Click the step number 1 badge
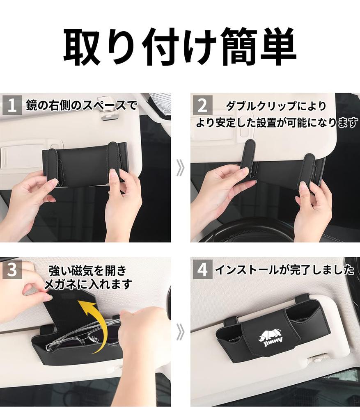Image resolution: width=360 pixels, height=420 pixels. point(12,105)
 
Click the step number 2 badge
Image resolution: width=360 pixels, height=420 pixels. point(202,105)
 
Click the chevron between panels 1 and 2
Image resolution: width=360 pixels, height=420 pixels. point(180,168)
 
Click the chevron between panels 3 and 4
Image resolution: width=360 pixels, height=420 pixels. point(180,332)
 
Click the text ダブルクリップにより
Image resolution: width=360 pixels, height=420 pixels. point(276,106)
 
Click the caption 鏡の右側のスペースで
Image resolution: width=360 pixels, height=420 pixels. point(81,105)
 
